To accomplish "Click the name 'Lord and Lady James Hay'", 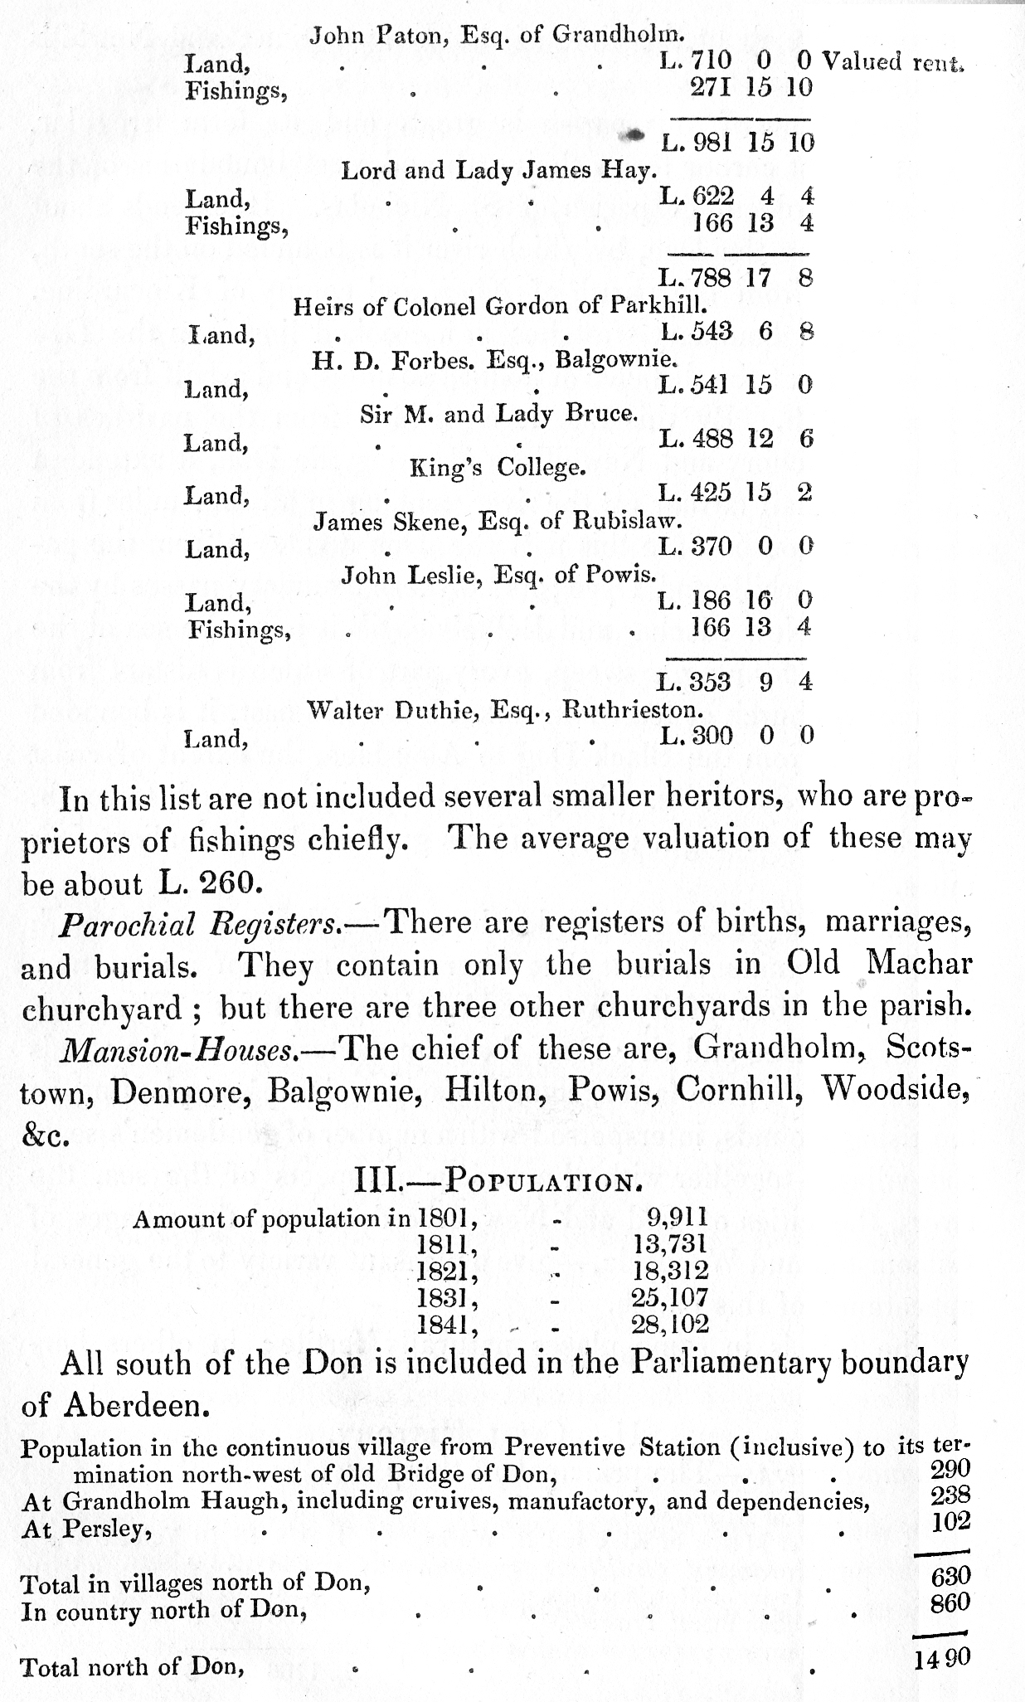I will pos(499,171).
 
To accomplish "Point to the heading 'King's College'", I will pos(498,468).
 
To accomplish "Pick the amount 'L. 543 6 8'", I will pos(736,332).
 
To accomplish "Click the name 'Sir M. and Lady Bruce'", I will pos(499,414).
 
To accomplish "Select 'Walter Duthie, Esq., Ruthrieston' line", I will pos(505,710).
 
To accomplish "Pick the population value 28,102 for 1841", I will pos(670,1324).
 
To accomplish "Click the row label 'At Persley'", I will pos(86,1529).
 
